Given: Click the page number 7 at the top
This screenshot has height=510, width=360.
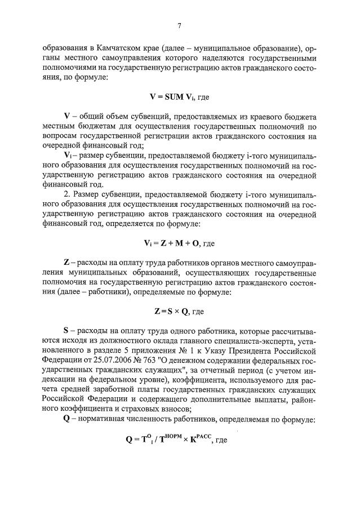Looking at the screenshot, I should (x=180, y=25).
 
